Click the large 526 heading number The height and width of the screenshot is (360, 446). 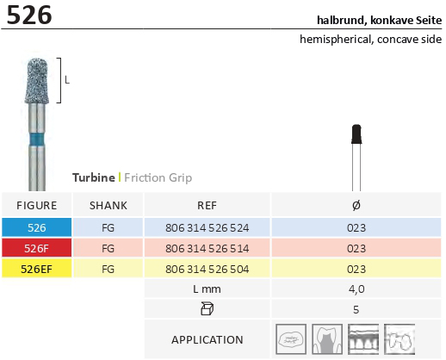click(x=29, y=15)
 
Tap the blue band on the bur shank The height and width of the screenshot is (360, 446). click(x=37, y=140)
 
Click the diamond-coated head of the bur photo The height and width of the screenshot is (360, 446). click(x=37, y=81)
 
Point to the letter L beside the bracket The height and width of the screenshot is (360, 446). click(x=67, y=80)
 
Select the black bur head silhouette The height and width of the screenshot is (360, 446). click(x=356, y=134)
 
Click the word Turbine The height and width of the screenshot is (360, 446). click(x=94, y=177)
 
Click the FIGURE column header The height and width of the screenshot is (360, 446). click(x=37, y=206)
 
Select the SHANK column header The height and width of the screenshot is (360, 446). click(x=108, y=206)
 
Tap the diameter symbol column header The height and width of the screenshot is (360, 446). click(x=356, y=206)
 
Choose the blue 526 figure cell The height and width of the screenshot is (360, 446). click(x=37, y=227)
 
